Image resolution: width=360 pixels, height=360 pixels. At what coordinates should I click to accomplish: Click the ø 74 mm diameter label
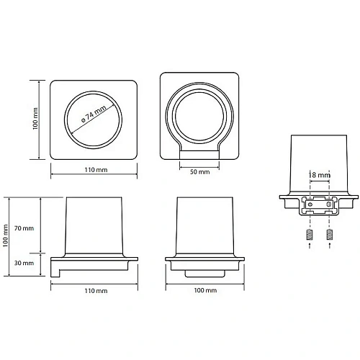[94, 114]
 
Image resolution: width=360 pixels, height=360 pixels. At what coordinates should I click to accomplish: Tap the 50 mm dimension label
[199, 172]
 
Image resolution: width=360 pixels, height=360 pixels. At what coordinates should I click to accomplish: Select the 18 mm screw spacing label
[320, 175]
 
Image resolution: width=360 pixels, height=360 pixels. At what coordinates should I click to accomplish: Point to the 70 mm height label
[24, 228]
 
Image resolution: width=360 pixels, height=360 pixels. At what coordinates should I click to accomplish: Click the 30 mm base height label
[24, 263]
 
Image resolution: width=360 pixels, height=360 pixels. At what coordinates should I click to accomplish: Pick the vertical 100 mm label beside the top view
[35, 119]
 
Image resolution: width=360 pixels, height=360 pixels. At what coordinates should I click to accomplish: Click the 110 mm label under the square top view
[96, 170]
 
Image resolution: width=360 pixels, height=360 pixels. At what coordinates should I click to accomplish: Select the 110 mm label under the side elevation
[96, 291]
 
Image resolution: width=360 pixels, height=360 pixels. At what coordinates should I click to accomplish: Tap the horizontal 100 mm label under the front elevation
[205, 290]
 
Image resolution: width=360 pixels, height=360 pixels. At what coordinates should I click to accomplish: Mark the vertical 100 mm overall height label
[6, 235]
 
